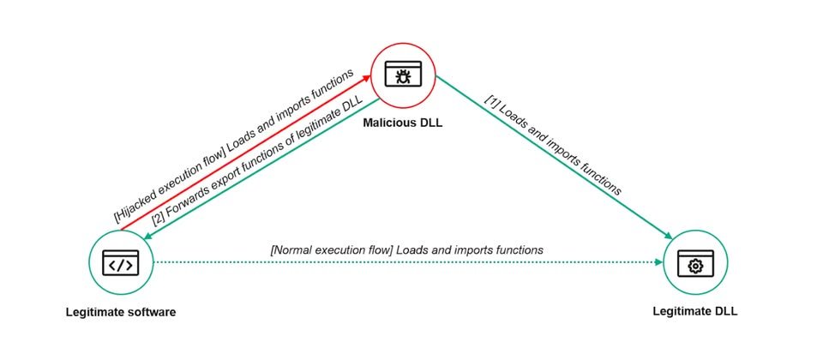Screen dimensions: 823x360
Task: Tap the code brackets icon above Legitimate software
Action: (x=121, y=262)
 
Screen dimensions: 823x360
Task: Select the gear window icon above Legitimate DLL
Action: (x=695, y=262)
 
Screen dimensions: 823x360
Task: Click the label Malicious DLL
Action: (x=403, y=123)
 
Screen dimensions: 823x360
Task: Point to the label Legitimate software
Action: (x=121, y=312)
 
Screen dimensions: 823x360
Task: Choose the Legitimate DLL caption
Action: (x=695, y=311)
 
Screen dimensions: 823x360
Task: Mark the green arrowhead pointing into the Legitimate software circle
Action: (x=149, y=237)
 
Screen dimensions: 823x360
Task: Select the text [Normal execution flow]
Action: (x=331, y=249)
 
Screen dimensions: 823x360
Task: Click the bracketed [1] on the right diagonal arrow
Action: (x=493, y=101)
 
